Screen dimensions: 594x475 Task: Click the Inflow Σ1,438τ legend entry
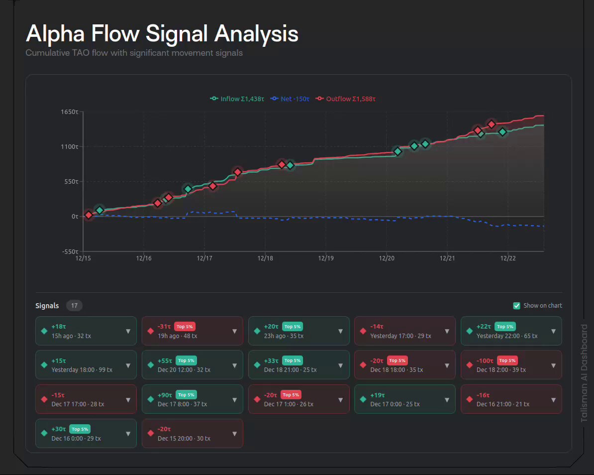237,99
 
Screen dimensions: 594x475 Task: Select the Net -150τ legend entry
290,99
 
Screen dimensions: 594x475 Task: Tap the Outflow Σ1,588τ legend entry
345,99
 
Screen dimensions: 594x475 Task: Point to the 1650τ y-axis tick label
70,112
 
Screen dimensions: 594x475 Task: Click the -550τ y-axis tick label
71,251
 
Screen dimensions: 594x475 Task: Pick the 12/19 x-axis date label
326,258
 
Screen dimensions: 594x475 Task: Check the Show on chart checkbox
516,306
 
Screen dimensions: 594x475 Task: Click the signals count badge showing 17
74,306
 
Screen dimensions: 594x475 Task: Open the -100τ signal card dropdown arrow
554,365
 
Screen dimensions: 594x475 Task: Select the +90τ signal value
165,395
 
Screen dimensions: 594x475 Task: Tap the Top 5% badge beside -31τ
185,327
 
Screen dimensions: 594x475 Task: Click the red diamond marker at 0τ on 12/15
88,215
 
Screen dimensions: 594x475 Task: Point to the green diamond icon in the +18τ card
44,331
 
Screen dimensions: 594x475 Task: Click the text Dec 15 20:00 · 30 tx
184,438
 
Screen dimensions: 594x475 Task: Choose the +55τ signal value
165,361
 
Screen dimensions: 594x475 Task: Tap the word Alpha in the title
55,34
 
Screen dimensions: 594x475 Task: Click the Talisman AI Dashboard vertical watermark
584,373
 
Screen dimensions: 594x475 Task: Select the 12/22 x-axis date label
508,258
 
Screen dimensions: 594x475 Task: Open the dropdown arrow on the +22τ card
554,331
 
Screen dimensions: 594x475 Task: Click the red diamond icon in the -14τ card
363,331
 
